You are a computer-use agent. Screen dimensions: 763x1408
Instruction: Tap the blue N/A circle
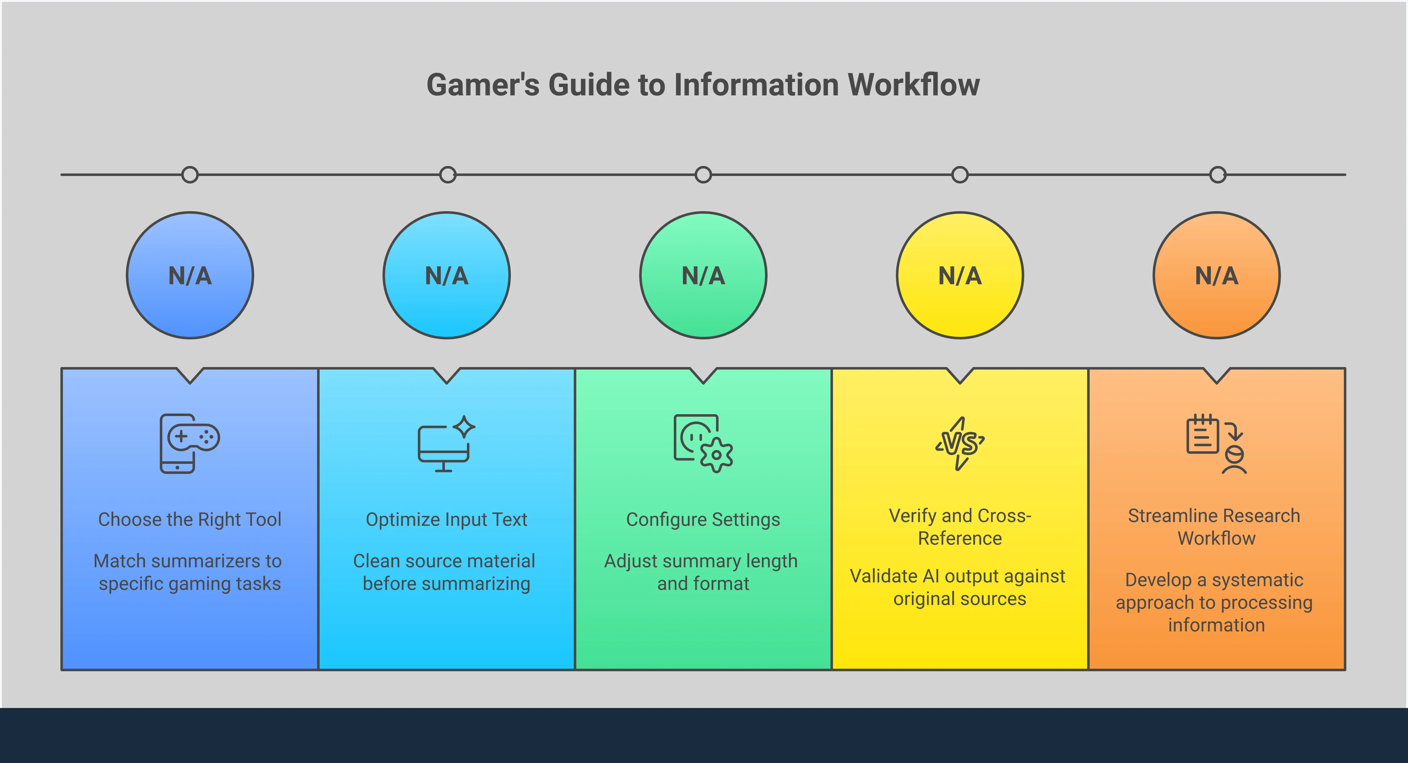(x=190, y=275)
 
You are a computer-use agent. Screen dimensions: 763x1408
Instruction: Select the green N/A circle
(x=703, y=275)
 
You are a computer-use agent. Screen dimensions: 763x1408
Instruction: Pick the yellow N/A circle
(x=960, y=275)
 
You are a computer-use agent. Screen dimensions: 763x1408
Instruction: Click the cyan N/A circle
(x=447, y=275)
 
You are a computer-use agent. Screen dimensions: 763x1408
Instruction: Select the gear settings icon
(x=703, y=443)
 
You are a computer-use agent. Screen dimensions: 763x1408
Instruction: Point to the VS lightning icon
(x=960, y=443)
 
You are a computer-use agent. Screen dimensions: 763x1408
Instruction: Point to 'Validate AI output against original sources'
(x=959, y=587)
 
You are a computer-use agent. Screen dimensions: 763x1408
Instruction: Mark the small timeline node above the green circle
(x=703, y=175)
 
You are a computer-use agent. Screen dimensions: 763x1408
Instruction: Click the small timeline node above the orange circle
(x=1217, y=175)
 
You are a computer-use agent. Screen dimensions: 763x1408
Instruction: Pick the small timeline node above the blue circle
(x=190, y=175)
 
